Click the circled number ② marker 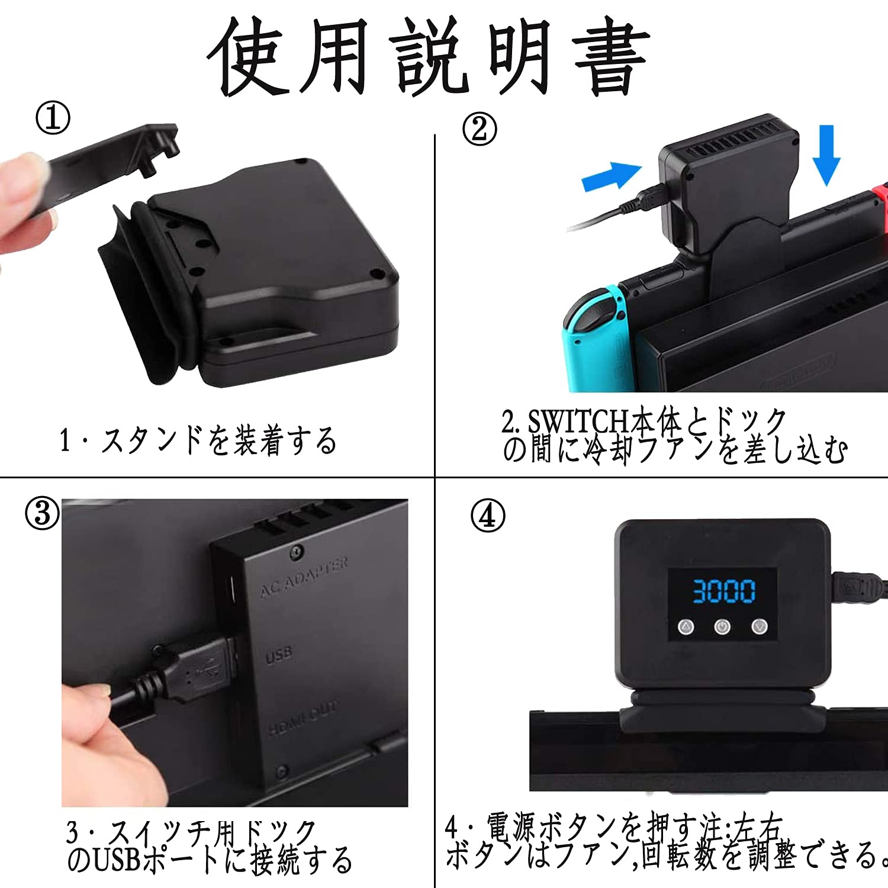[x=480, y=129]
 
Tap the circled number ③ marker [x=42, y=513]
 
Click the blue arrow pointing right [x=611, y=176]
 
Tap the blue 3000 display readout [x=723, y=591]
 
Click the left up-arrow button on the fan [x=686, y=626]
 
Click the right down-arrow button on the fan [x=760, y=626]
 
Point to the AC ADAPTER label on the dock [x=304, y=577]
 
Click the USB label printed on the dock [x=278, y=655]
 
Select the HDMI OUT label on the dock [x=303, y=718]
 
